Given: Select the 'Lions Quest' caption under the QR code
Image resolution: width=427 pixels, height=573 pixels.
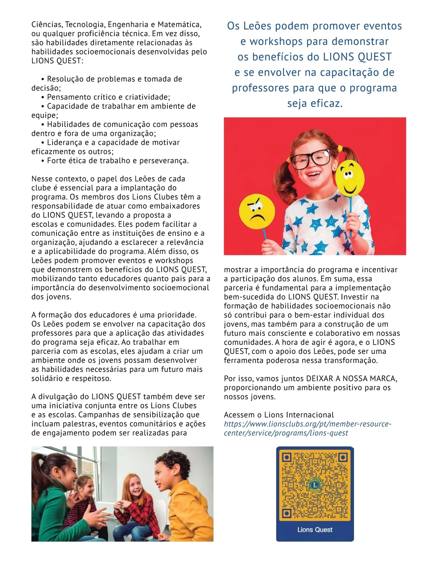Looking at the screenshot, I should pos(315,530).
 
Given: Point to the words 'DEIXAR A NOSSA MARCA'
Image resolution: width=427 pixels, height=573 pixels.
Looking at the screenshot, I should pos(351,378).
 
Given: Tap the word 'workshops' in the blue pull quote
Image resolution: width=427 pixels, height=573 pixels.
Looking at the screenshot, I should pos(276,42).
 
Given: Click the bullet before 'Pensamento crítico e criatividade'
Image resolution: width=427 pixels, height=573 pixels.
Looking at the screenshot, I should pos(43,97).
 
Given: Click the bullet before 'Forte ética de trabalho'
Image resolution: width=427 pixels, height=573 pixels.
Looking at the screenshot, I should pos(43,161).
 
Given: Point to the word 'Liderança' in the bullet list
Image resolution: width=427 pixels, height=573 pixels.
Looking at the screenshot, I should pos(64,143).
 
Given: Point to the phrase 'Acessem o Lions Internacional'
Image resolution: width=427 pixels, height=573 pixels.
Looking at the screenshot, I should pos(279,415).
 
